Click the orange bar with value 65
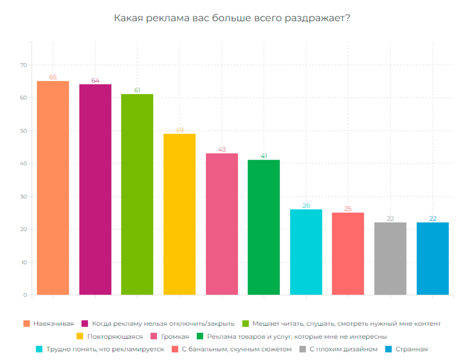point(53,188)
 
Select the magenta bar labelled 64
point(95,190)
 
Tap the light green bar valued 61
point(137,194)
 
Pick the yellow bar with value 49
point(180,214)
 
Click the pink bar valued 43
point(222,224)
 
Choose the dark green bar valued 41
point(264,227)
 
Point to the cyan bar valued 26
point(306,252)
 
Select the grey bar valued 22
point(390,258)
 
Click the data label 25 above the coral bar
point(348,209)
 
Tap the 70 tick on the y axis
point(23,65)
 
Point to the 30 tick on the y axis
point(23,196)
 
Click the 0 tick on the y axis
point(25,295)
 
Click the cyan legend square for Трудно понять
point(39,349)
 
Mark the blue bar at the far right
point(432,258)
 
